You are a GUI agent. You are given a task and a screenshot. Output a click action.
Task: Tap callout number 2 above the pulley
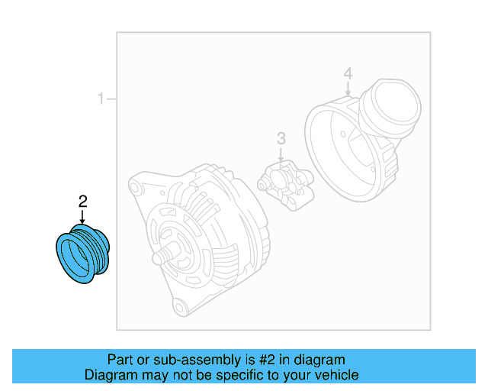(83, 202)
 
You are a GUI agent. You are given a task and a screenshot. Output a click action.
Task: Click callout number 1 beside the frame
(100, 99)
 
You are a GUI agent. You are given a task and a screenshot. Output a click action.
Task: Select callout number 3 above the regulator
(281, 138)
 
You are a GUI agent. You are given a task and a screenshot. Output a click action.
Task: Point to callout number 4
(348, 74)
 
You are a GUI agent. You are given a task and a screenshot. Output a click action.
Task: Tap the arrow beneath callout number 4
(348, 89)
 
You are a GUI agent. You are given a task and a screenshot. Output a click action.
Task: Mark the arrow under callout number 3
(281, 155)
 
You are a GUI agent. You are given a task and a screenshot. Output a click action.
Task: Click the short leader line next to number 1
(111, 99)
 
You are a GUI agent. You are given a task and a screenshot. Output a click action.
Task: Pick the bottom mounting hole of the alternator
(180, 308)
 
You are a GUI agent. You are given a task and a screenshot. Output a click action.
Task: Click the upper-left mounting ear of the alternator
(135, 186)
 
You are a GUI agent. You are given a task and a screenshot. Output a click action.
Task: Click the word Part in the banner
(120, 360)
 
